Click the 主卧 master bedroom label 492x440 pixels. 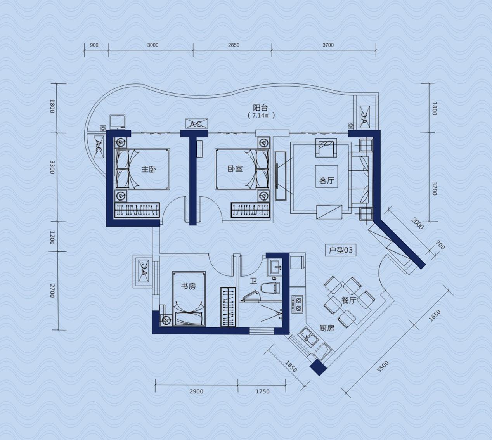point(149,169)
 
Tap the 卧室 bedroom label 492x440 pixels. point(235,169)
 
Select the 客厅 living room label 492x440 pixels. point(327,181)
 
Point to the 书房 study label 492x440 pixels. point(188,286)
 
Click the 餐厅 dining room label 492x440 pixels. point(349,300)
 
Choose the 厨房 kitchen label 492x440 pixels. point(327,328)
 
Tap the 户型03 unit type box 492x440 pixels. point(341,250)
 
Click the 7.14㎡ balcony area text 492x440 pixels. point(261,115)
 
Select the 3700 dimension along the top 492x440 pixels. point(328,45)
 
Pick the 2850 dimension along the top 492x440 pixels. point(234,45)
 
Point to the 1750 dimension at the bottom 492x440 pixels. point(263,391)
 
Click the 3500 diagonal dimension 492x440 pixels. point(383,367)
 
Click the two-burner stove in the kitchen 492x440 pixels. point(298,304)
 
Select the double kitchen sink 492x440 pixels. point(308,338)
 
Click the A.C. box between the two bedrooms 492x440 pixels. point(196,124)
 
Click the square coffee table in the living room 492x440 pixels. point(327,177)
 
